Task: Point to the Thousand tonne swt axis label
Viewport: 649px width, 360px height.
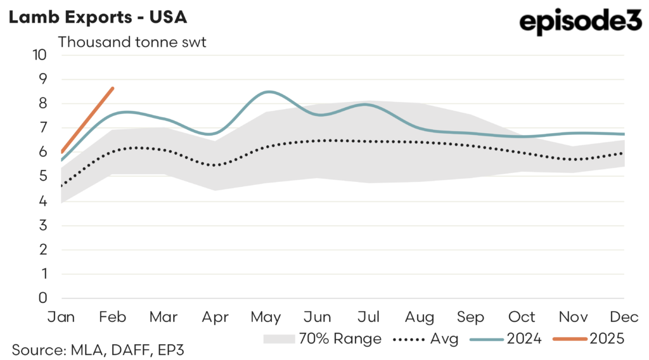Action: coord(132,42)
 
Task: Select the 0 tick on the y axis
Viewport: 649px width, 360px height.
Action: coord(43,298)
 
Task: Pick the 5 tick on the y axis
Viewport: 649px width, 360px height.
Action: coord(43,176)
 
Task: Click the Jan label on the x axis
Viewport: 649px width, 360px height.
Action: coord(62,316)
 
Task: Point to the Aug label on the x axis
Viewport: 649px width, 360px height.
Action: coord(420,316)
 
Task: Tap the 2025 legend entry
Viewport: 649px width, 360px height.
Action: coord(589,339)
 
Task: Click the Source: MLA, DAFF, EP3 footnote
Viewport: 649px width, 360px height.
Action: coord(98,349)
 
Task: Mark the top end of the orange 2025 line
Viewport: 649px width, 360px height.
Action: coord(113,88)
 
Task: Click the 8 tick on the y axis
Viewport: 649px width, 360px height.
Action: coord(43,103)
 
